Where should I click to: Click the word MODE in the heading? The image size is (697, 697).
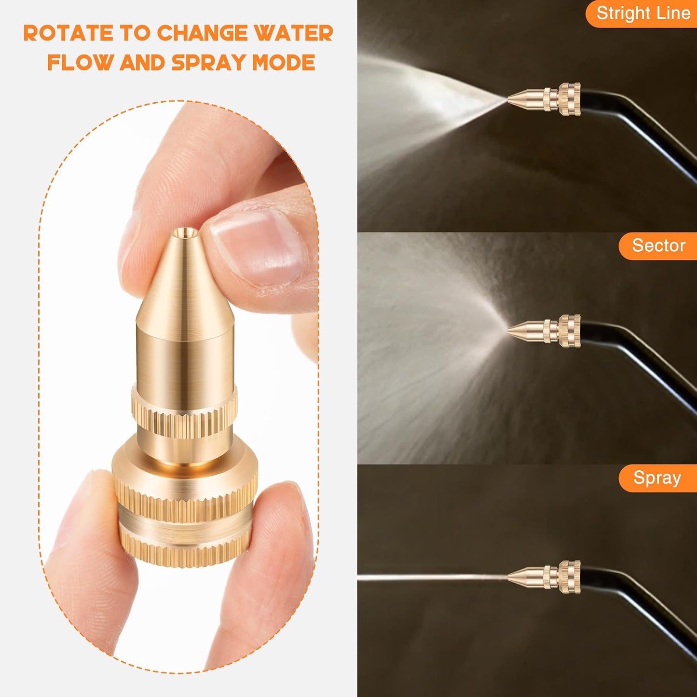[x=284, y=63]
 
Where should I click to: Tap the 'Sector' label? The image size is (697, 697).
[x=658, y=246]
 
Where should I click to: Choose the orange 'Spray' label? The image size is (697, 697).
[x=657, y=478]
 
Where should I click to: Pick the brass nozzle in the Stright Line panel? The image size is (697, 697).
[x=545, y=99]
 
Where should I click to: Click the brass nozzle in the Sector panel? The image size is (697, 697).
[x=545, y=331]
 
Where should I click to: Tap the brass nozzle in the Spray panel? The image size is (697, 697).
[x=545, y=577]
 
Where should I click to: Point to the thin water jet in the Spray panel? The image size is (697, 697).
[x=433, y=576]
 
